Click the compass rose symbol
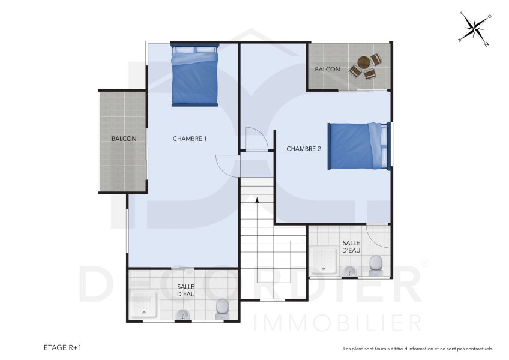tap(475, 28)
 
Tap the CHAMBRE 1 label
tap(190, 139)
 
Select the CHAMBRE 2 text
tap(303, 149)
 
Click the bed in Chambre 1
tap(194, 77)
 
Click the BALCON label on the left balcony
tap(124, 139)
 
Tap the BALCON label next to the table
tap(328, 70)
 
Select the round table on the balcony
tap(364, 62)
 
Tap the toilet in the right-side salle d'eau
tap(376, 264)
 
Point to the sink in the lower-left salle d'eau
tap(182, 314)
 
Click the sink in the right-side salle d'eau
tap(349, 272)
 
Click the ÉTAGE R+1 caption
tap(62, 347)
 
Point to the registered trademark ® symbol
tap(426, 263)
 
